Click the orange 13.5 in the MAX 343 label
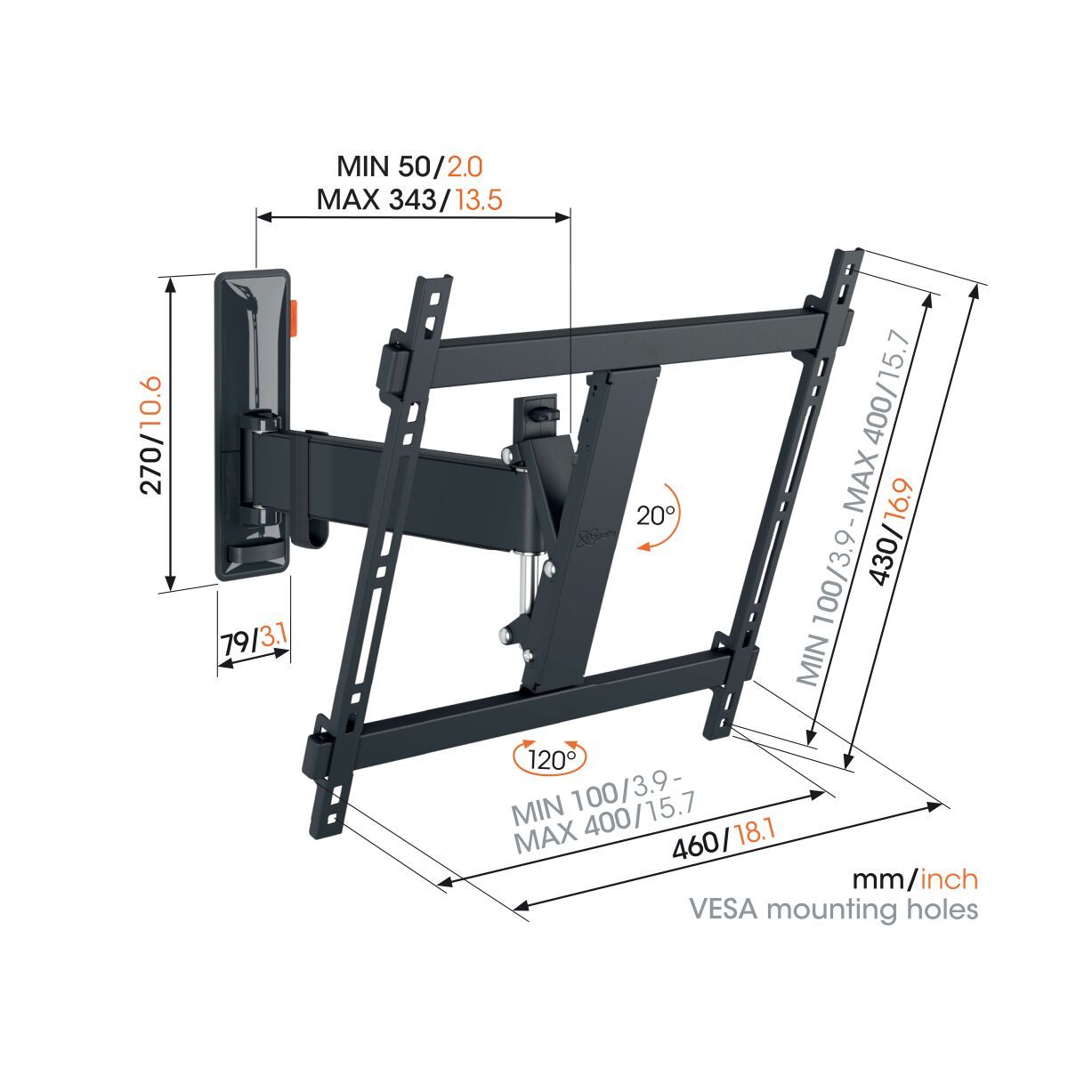pos(479,198)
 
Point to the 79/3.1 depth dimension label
pos(253,641)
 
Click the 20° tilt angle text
pos(657,516)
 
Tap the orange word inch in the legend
pos(949,880)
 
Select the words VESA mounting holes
pos(835,910)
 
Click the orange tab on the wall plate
pos(295,318)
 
